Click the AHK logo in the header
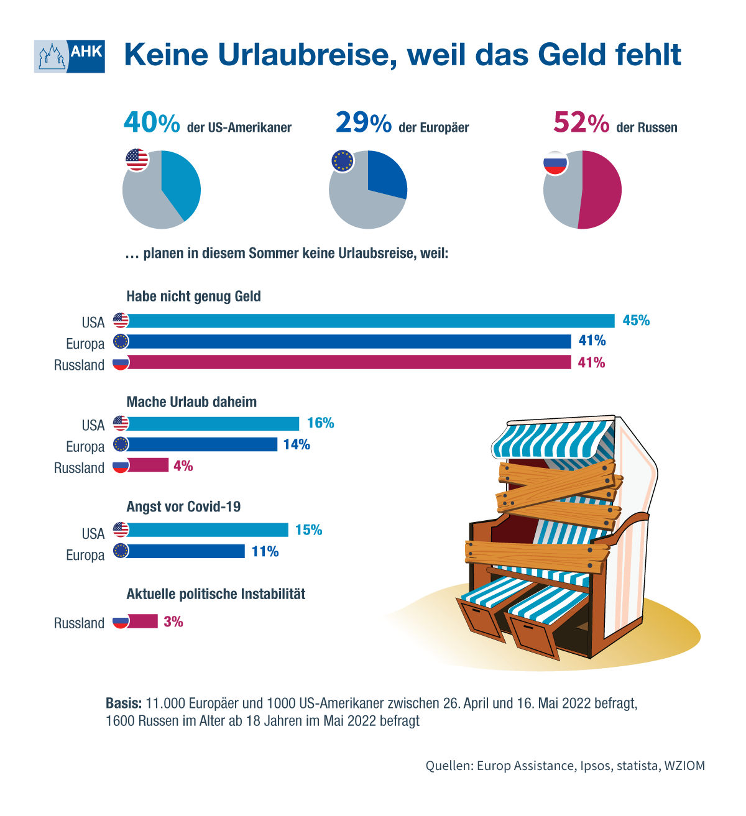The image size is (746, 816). click(70, 57)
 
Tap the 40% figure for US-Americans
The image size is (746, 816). click(152, 122)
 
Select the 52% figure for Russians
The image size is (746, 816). click(581, 122)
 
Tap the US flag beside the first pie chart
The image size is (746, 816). click(137, 160)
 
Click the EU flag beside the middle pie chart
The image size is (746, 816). click(343, 161)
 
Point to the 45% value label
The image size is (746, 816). click(636, 321)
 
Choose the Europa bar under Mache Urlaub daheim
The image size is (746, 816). click(203, 444)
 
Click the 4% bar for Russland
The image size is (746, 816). click(149, 465)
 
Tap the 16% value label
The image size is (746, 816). click(320, 423)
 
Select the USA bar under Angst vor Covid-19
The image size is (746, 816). click(208, 530)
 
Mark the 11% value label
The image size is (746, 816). click(265, 551)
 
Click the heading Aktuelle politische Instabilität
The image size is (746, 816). click(216, 594)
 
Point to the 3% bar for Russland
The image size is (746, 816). click(143, 621)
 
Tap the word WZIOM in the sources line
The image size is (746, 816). click(684, 766)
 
